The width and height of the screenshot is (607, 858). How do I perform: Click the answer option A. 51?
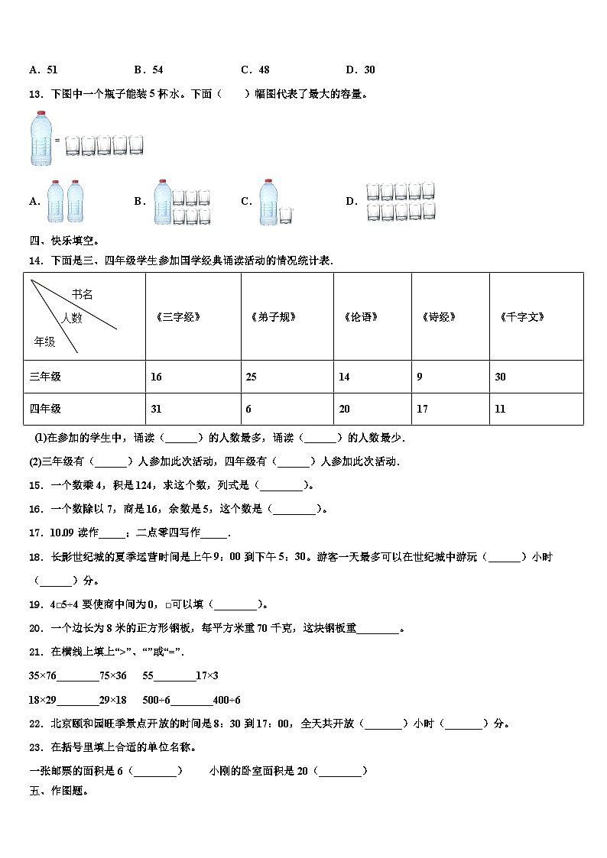pos(43,70)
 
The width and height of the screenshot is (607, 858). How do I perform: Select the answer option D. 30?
pos(360,70)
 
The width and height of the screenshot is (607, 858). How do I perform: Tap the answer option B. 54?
pos(148,70)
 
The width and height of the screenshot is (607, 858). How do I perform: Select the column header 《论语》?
pos(360,317)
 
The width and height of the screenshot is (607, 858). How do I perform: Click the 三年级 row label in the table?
pos(45,377)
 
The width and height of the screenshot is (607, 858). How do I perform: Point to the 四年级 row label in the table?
pos(45,409)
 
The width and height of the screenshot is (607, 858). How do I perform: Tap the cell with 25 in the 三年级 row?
pos(251,377)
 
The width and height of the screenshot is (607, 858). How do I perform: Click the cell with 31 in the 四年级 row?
pos(156,409)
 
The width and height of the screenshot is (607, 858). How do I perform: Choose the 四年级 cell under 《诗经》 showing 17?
pos(422,409)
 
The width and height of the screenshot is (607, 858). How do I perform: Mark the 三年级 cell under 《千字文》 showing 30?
pos(500,377)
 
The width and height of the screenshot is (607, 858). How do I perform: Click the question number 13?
pos(35,95)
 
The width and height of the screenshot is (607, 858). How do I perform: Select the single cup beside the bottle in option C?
pos(285,216)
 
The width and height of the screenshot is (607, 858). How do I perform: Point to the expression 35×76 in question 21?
pos(42,675)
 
